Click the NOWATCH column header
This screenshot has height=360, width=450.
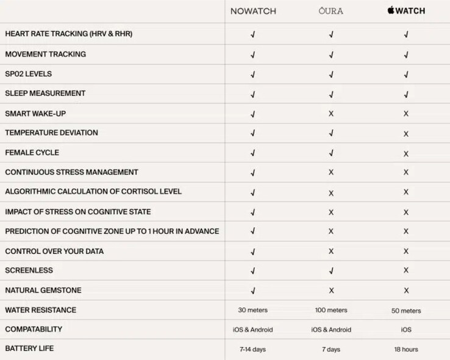tap(252, 11)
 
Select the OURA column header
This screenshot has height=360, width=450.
tap(330, 11)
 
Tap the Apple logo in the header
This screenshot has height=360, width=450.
tap(390, 10)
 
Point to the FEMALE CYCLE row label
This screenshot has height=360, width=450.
tap(32, 153)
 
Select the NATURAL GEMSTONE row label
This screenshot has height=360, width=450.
tap(43, 291)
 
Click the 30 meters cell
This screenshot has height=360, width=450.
tap(252, 310)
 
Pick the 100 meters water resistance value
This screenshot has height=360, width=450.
tap(330, 310)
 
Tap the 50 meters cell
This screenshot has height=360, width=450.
tap(406, 311)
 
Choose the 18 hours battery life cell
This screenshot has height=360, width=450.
tap(406, 350)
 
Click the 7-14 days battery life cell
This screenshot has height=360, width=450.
tap(252, 349)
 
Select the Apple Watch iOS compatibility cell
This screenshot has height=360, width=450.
tap(406, 330)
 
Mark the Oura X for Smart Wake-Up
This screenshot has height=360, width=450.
tap(331, 114)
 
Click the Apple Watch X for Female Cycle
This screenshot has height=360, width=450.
tap(406, 154)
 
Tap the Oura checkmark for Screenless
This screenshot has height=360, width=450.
tap(331, 270)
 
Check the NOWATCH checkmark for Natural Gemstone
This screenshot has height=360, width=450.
tap(252, 291)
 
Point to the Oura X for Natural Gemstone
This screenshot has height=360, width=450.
tap(331, 291)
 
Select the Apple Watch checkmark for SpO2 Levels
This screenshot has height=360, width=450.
tap(406, 74)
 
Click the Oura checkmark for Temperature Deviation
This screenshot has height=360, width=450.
tap(331, 133)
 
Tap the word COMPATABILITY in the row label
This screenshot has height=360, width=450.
tap(34, 330)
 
